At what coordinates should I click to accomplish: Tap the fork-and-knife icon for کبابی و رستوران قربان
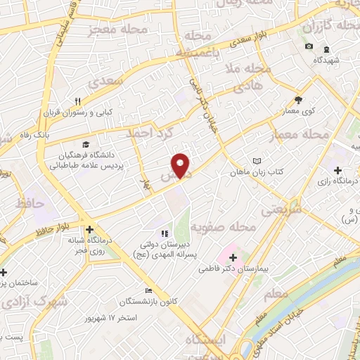coord(79,101)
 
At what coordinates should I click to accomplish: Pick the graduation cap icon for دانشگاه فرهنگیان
coord(86,143)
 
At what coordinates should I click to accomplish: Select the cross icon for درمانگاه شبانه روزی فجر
coord(89,229)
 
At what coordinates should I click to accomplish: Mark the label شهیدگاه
coord(326,60)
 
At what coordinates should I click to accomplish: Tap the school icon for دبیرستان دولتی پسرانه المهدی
coord(164,233)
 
